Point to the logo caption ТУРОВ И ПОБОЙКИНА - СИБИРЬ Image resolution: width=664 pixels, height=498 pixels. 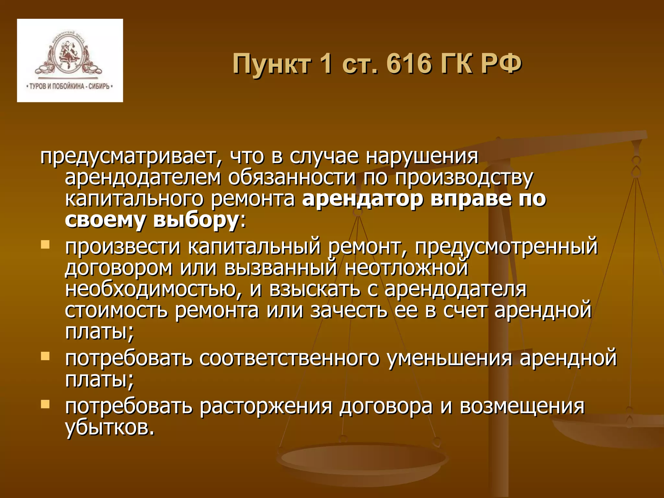tap(69, 86)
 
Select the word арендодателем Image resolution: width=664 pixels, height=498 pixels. tap(143, 178)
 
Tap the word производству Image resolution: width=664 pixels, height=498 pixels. tap(464, 178)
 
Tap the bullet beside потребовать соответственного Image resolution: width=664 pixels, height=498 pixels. tap(45, 356)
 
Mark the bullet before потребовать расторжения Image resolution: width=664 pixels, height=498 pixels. tap(45, 404)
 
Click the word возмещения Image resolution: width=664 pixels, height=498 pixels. tap(522, 407)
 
